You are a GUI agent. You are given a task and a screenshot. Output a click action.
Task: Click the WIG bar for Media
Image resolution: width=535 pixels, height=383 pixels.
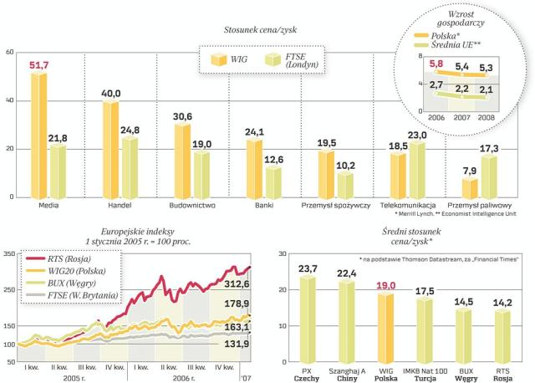39,135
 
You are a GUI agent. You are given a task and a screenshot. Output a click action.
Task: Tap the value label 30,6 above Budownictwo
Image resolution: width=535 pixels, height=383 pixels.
182,116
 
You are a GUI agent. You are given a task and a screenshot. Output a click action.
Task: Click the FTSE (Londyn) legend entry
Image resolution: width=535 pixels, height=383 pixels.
294,60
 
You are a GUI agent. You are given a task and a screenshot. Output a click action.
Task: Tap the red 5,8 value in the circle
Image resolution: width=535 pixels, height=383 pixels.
436,64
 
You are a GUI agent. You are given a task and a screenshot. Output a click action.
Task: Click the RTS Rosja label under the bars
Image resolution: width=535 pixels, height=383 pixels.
503,370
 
